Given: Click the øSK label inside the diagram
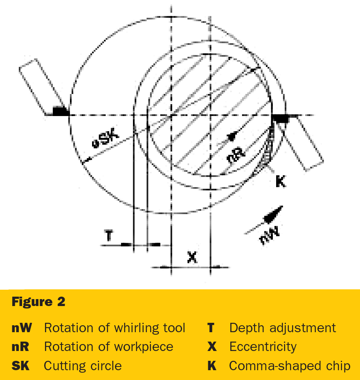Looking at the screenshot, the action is tap(106, 139).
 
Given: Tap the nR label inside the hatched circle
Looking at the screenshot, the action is tap(236, 155).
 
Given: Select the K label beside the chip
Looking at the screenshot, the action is tap(281, 181).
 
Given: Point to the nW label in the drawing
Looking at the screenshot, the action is tap(269, 235).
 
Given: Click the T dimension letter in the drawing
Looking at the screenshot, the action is tap(109, 236).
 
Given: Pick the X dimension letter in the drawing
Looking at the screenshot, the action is tap(192, 257).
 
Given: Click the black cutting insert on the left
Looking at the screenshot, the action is tap(61, 111).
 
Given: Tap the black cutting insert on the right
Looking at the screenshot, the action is tap(281, 119).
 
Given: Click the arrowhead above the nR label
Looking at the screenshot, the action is tap(232, 136).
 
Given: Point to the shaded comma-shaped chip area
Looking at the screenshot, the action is tap(267, 150).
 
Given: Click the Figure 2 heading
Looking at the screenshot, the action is tap(38, 302).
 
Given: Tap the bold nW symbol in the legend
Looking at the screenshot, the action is tap(22, 328).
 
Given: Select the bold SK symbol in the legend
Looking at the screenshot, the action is tap(20, 366).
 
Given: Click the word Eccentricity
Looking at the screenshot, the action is tap(263, 347).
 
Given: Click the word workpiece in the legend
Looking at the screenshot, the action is tap(144, 347).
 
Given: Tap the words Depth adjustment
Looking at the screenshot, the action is tap(283, 328).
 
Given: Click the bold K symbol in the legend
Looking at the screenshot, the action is tap(212, 366).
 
